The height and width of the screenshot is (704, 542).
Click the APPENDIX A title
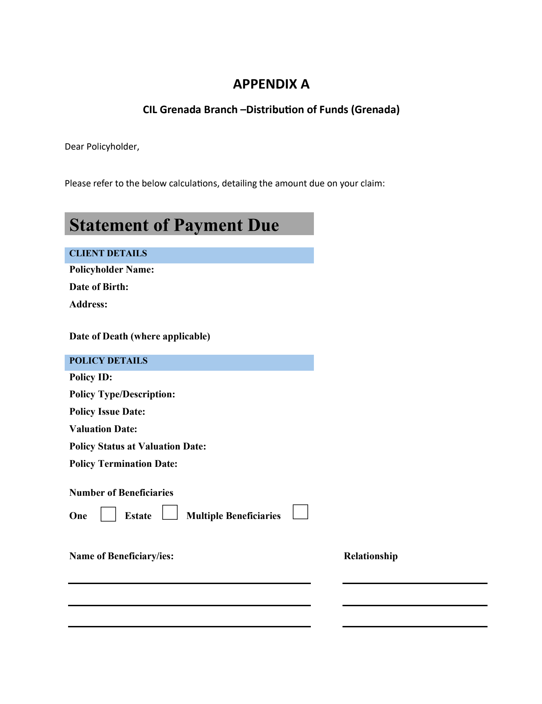271,84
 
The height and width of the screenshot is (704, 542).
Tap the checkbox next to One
108,514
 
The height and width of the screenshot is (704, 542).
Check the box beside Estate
170,512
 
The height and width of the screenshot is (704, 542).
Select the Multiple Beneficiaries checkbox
300,512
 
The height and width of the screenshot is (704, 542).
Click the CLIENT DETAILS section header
108,254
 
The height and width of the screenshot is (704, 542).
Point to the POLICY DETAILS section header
108,361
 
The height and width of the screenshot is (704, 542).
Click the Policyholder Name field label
112,270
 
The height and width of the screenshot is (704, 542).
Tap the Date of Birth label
99,287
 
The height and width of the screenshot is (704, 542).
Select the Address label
88,304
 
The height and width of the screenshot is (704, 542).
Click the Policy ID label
91,377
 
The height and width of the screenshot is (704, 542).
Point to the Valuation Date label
103,429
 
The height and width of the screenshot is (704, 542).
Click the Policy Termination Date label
123,464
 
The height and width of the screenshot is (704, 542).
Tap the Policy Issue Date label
107,412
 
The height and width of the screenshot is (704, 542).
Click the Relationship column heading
370,556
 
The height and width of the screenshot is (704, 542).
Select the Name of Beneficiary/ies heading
121,556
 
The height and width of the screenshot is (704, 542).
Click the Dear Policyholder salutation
102,147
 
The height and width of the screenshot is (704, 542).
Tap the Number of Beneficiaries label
121,493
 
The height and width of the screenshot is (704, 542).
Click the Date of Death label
140,336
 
